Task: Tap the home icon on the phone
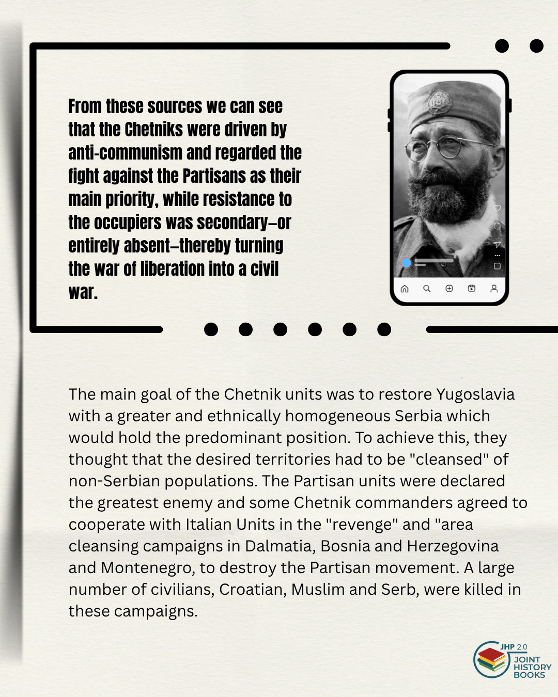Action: (x=405, y=289)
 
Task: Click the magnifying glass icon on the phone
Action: (x=427, y=289)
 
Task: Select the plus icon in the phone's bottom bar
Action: (x=449, y=289)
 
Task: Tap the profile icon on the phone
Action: (x=494, y=289)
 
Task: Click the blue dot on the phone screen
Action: (x=407, y=263)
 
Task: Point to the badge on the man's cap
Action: (x=440, y=99)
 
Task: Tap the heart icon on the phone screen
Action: (x=497, y=208)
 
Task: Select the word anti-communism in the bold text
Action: (x=125, y=153)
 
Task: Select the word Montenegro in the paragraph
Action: (x=147, y=568)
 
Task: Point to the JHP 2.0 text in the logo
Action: (x=514, y=647)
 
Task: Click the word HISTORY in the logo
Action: (x=532, y=667)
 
